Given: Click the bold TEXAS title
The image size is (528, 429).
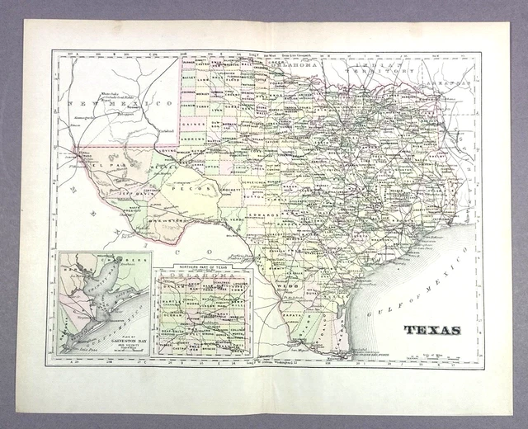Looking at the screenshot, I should point(431,330).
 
